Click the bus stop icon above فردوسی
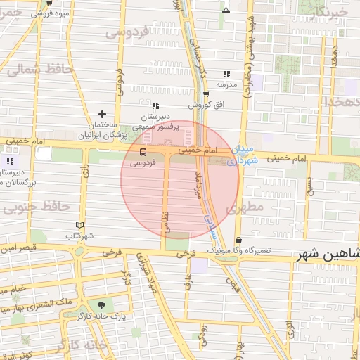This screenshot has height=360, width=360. click(143, 151)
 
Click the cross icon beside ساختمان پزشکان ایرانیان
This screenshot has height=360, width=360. click(103, 114)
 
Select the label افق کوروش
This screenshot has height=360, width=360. click(208, 105)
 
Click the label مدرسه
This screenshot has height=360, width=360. click(226, 84)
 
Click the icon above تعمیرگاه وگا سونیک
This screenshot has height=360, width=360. click(238, 240)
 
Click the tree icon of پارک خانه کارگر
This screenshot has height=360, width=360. click(104, 305)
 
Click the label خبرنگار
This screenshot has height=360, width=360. click(328, 12)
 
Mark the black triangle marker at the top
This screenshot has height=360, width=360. click(226, 10)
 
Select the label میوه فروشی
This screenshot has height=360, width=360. click(51, 13)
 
